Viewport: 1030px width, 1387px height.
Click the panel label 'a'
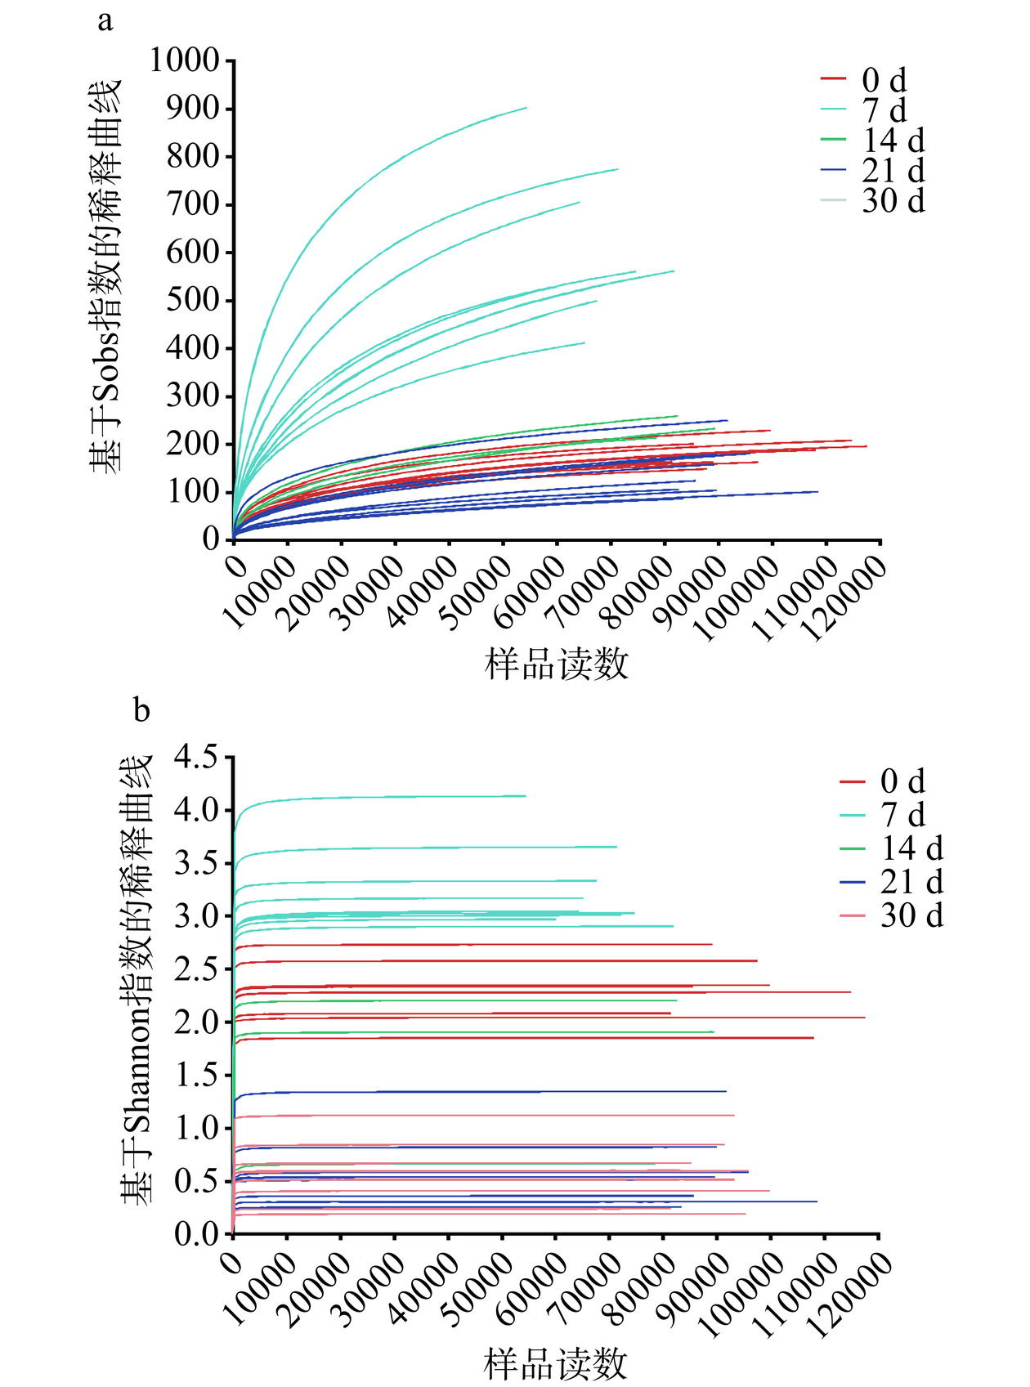point(105,21)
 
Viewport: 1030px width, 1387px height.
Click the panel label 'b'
point(141,710)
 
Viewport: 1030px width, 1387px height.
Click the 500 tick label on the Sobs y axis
point(193,300)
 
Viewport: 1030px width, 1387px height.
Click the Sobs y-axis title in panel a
point(105,275)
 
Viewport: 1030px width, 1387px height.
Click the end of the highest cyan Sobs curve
point(526,108)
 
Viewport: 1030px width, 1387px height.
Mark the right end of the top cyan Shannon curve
point(525,795)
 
